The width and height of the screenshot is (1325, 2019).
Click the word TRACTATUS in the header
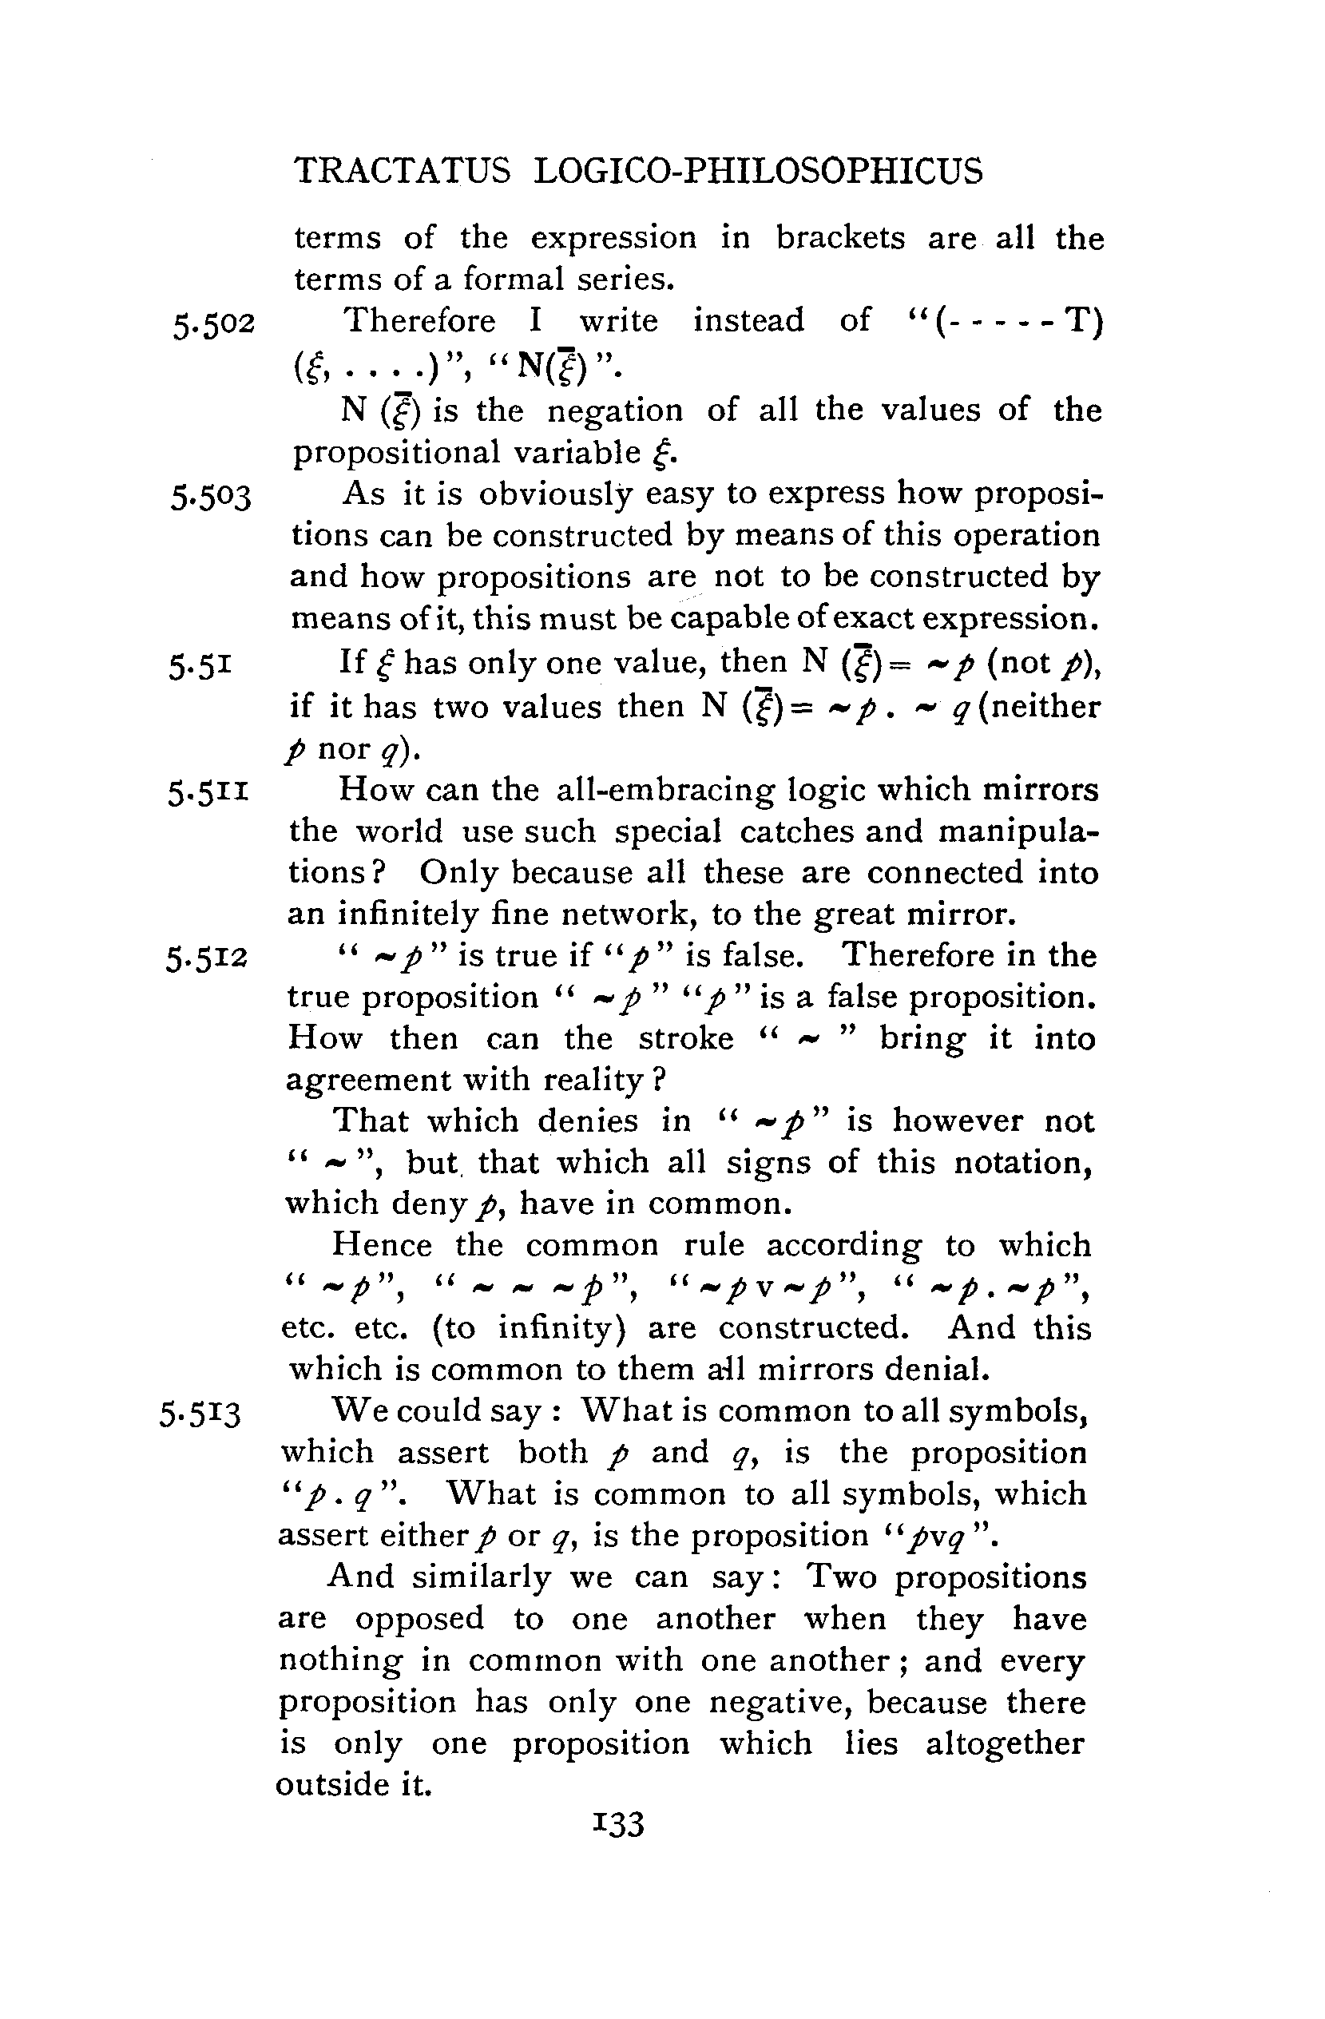pos(402,172)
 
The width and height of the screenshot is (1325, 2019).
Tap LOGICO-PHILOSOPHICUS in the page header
pos(759,172)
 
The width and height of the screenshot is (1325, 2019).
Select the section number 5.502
pos(213,325)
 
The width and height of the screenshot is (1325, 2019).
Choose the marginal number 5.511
pos(208,793)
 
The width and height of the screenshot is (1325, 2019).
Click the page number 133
pos(619,1823)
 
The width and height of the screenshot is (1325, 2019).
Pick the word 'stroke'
pos(685,1039)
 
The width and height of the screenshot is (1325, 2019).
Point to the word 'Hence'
pos(382,1245)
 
